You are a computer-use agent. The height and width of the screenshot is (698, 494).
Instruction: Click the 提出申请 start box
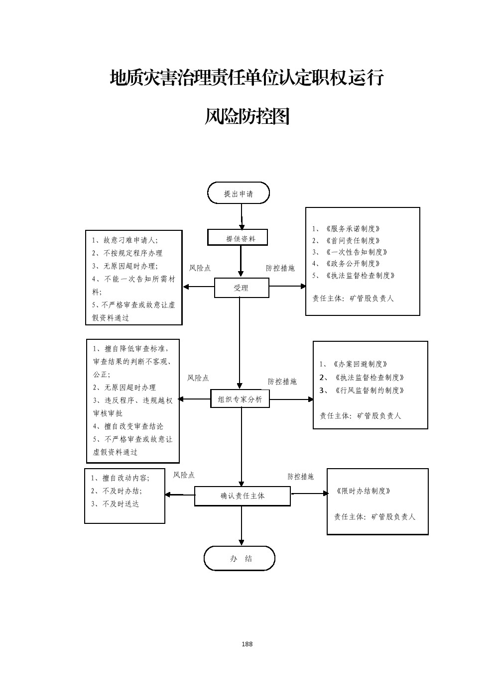coord(239,193)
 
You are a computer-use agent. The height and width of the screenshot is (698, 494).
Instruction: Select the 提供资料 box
coord(238,238)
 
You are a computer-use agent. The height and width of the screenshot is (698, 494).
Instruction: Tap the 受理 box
coord(242,288)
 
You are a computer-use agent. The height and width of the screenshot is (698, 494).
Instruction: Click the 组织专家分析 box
coord(240,399)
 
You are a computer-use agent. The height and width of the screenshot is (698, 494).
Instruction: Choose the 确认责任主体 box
coord(243,496)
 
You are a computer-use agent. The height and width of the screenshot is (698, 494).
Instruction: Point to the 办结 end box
coord(240,558)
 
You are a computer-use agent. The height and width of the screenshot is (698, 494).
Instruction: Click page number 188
coord(247,644)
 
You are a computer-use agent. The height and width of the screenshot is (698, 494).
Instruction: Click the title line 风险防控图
coord(247,117)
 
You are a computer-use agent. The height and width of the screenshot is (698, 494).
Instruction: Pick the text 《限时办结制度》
coord(363,491)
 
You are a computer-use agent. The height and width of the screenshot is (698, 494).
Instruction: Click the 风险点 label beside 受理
coord(200,268)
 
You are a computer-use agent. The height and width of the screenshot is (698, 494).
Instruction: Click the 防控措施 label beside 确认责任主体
coord(300,477)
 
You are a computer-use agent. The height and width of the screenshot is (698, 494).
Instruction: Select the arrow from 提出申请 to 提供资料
coord(242,216)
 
